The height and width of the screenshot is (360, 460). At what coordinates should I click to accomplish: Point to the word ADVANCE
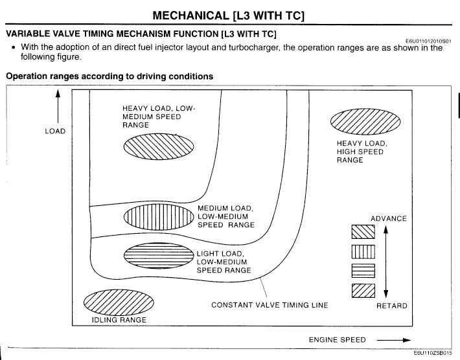[x=388, y=219]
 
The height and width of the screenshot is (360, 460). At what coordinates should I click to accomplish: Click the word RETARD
[x=391, y=306]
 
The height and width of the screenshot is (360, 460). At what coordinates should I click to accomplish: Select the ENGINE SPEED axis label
[x=337, y=340]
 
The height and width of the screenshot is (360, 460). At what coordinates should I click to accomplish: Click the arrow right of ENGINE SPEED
[x=395, y=340]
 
